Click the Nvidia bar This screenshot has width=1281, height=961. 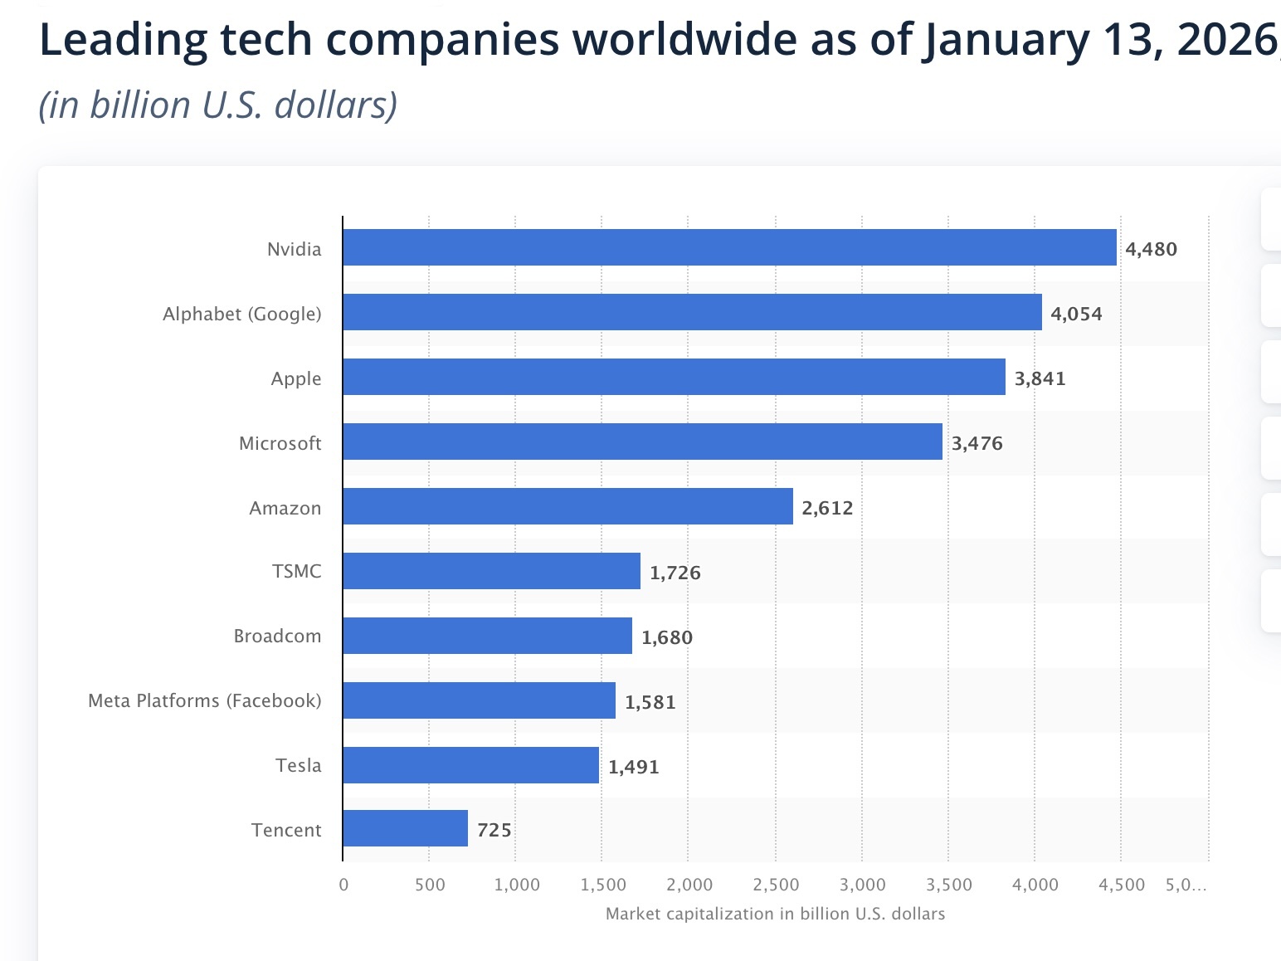(729, 247)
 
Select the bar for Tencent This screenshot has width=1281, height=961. (405, 828)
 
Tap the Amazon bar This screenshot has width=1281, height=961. (567, 506)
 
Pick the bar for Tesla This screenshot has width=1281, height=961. (470, 765)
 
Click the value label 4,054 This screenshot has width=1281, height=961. (1076, 314)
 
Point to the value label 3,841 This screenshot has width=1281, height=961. (1040, 378)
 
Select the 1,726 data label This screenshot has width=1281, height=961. (675, 573)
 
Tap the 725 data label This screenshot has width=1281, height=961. (494, 830)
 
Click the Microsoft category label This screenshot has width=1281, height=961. (280, 443)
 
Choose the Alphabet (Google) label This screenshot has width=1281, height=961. (241, 314)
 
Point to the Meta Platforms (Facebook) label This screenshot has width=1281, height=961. (204, 700)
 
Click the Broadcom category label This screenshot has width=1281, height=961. (277, 636)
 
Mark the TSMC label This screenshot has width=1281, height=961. (296, 571)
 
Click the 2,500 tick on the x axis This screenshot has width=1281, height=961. (776, 885)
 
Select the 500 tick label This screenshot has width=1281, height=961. (430, 885)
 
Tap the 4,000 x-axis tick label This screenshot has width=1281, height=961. (1035, 885)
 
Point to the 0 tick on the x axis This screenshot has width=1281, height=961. (343, 885)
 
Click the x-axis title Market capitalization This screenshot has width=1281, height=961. (775, 914)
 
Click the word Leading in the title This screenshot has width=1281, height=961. (123, 40)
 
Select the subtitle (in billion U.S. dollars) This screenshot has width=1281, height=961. (218, 105)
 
